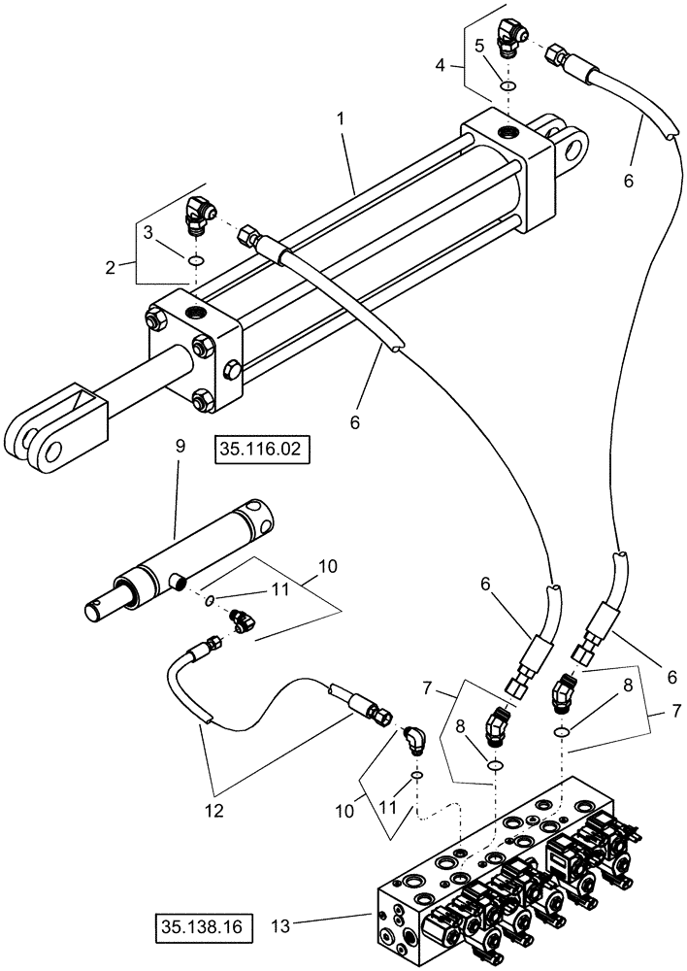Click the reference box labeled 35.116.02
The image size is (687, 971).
[x=254, y=451]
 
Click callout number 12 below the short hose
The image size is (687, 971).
[x=215, y=809]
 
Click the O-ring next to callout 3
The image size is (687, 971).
[x=195, y=261]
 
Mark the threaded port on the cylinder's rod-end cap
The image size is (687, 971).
[x=198, y=313]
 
